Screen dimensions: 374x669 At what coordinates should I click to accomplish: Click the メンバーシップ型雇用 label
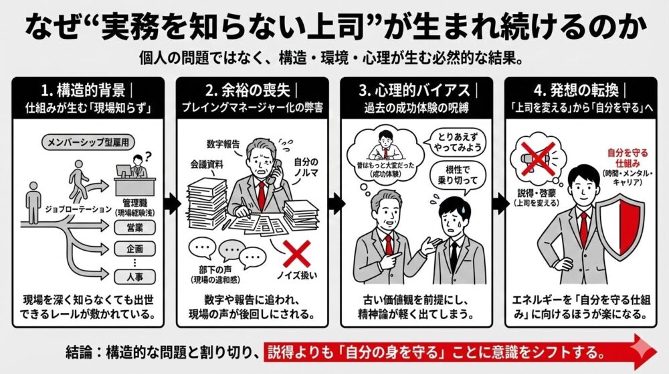[x=86, y=143]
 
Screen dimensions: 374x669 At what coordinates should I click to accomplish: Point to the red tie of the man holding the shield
[x=583, y=229]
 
